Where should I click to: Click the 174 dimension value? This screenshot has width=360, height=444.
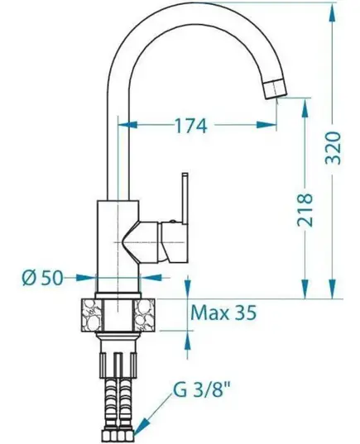[x=191, y=126]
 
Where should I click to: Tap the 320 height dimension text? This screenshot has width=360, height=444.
[x=332, y=147]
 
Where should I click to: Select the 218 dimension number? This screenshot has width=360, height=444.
[x=305, y=210]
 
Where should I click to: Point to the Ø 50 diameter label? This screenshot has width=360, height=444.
[x=42, y=278]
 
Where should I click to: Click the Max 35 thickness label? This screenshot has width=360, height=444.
[x=223, y=313]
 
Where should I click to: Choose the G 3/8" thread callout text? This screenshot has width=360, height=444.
[x=202, y=390]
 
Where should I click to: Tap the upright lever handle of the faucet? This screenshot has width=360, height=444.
[x=185, y=198]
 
